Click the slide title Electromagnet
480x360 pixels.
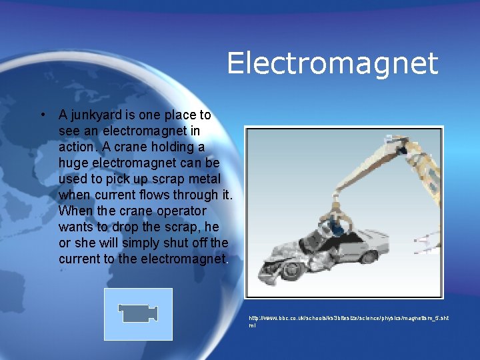tap(332, 63)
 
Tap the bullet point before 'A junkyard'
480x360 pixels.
tap(43, 114)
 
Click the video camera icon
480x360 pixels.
tap(139, 314)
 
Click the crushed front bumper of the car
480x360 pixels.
tap(270, 267)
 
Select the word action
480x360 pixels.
tap(76, 147)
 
